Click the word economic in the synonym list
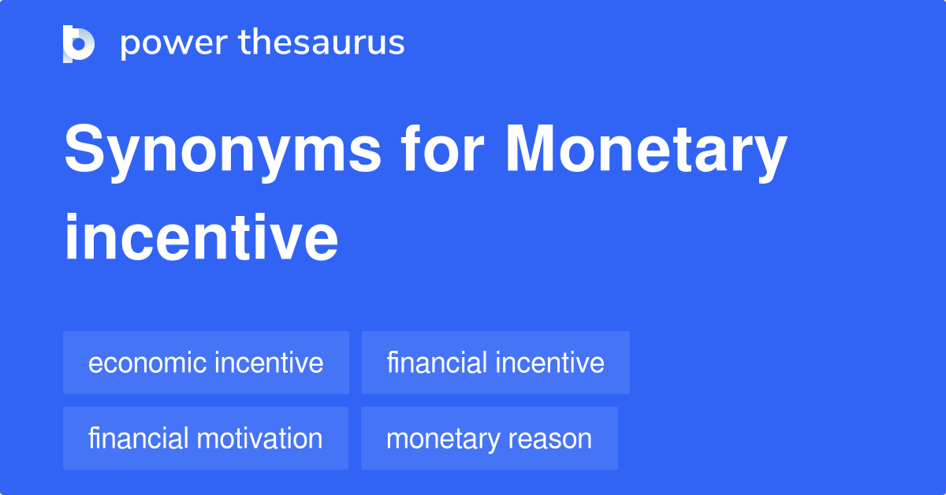click(x=147, y=363)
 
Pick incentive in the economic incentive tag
click(x=269, y=363)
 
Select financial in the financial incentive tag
click(x=436, y=363)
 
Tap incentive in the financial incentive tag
click(x=549, y=363)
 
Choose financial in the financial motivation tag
click(x=137, y=438)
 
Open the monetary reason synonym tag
click(x=489, y=438)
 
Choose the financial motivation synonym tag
click(x=205, y=438)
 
